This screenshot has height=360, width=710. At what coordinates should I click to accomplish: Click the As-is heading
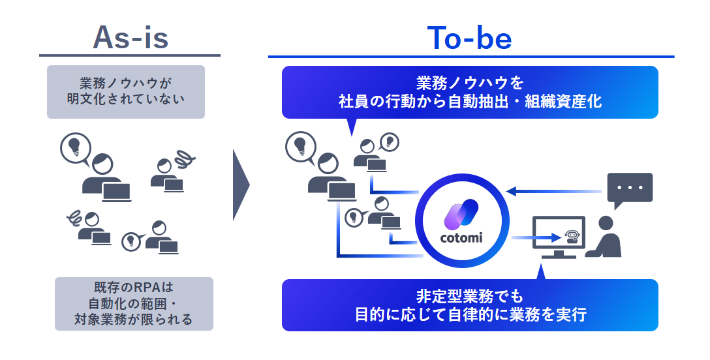click(x=131, y=38)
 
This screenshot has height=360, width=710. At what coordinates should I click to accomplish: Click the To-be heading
click(x=469, y=38)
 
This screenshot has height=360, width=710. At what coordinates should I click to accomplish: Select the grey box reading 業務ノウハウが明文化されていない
click(x=126, y=92)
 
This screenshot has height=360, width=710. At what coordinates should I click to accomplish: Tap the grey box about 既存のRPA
click(x=134, y=303)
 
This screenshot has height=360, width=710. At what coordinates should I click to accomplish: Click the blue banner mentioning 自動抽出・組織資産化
click(x=470, y=92)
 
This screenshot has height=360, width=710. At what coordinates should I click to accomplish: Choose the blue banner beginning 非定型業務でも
click(x=470, y=305)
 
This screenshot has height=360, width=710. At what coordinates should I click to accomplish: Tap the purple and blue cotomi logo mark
click(x=462, y=214)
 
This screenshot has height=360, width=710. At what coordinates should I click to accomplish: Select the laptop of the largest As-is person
click(x=115, y=192)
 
